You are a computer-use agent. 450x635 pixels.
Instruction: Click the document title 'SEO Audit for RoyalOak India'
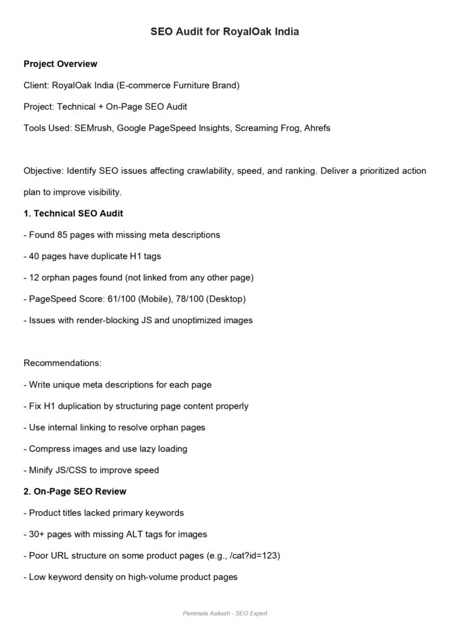point(225,31)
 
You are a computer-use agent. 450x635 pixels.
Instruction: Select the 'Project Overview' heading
point(60,64)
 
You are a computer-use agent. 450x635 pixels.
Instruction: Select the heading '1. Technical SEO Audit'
point(73,213)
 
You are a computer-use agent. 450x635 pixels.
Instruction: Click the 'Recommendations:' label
point(62,363)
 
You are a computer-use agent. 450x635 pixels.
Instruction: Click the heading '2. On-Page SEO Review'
point(75,491)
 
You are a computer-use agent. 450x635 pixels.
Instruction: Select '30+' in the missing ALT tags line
point(37,534)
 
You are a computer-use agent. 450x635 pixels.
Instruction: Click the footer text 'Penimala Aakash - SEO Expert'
point(225,613)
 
